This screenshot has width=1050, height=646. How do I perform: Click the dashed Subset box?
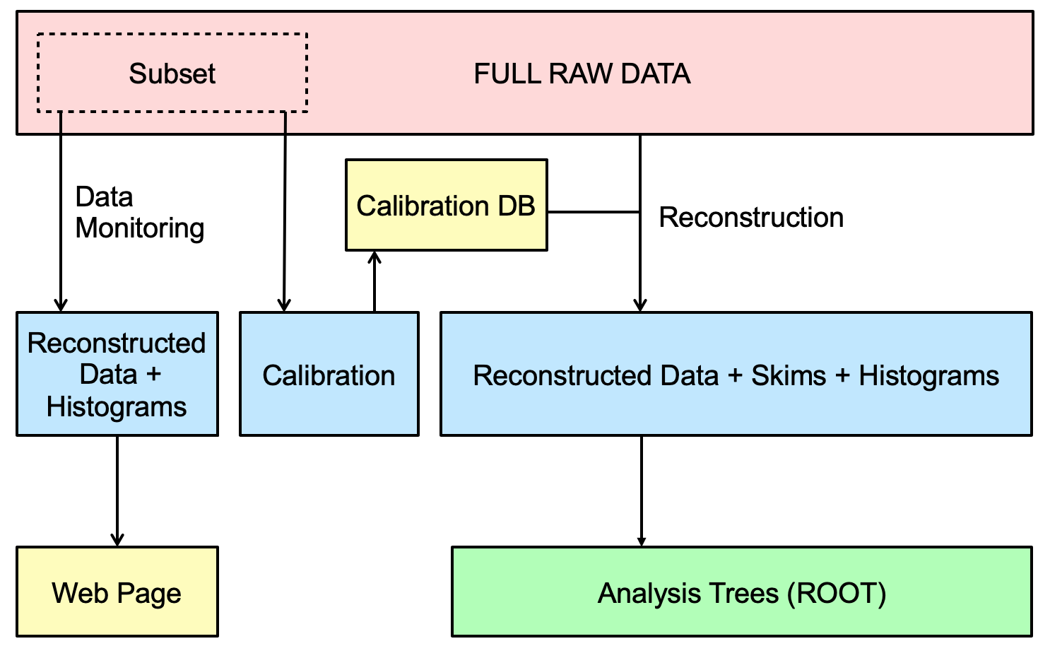pyautogui.click(x=172, y=74)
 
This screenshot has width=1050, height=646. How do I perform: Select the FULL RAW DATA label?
pyautogui.click(x=582, y=74)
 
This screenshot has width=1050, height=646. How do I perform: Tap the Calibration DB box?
pyautogui.click(x=446, y=205)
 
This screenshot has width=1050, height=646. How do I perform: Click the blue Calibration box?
pyautogui.click(x=329, y=375)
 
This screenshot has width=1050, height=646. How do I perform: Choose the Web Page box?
pyautogui.click(x=117, y=592)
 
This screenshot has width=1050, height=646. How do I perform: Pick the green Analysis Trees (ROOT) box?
pyautogui.click(x=741, y=592)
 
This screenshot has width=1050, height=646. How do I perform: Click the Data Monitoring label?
pyautogui.click(x=139, y=212)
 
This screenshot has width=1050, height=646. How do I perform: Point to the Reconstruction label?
pyautogui.click(x=750, y=218)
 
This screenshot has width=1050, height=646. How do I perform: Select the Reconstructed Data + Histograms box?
pyautogui.click(x=117, y=375)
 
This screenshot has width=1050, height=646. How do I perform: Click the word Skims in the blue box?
pyautogui.click(x=788, y=376)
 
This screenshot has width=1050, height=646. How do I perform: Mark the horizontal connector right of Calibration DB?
pyautogui.click(x=594, y=211)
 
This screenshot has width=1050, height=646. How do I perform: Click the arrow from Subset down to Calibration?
pyautogui.click(x=284, y=212)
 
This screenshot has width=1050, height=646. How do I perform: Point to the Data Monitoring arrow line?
pyautogui.click(x=61, y=212)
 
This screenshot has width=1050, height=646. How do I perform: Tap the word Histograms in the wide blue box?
pyautogui.click(x=928, y=376)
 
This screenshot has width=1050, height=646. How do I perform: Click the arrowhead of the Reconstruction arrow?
pyautogui.click(x=640, y=305)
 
